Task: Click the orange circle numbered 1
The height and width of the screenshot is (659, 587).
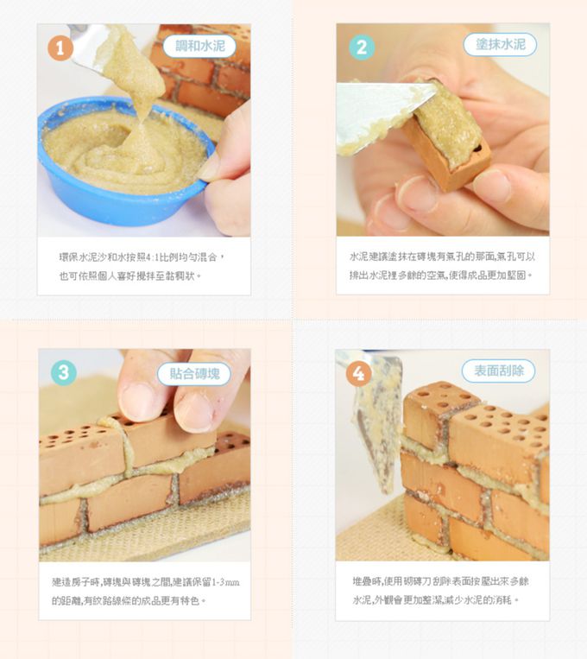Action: (60, 50)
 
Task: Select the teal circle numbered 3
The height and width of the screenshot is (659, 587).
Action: (63, 372)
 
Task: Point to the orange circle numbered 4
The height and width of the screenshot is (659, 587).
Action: (359, 373)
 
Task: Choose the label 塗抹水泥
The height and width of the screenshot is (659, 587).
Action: (500, 44)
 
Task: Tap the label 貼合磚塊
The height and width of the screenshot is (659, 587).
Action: (194, 373)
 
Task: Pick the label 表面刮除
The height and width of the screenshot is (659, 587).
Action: (498, 371)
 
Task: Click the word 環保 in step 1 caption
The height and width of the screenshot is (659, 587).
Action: (66, 257)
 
